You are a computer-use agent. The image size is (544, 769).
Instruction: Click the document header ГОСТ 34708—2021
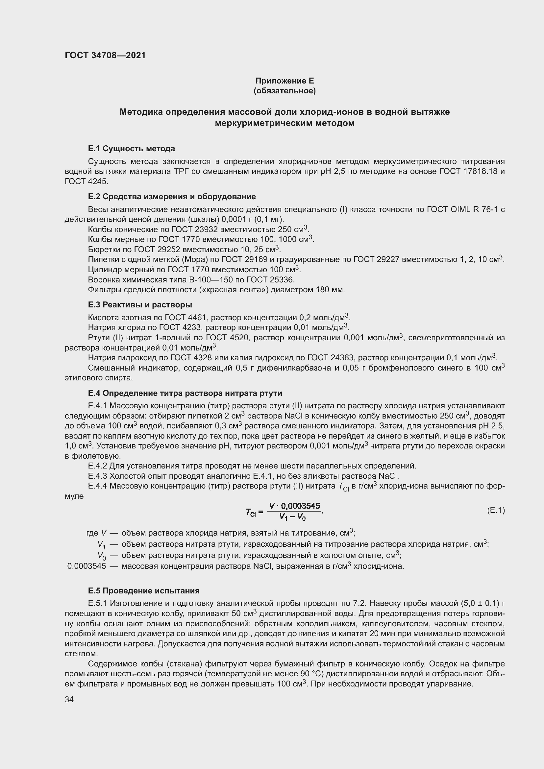pyautogui.click(x=105, y=55)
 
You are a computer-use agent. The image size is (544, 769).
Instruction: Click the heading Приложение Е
pyautogui.click(x=284, y=81)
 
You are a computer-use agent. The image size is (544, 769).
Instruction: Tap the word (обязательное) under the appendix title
pyautogui.click(x=284, y=91)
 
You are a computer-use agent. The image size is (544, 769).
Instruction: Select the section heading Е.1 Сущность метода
pyautogui.click(x=131, y=148)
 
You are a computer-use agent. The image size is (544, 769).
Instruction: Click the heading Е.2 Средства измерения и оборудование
pyautogui.click(x=171, y=197)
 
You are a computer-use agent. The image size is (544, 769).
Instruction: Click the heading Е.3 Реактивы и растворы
pyautogui.click(x=140, y=305)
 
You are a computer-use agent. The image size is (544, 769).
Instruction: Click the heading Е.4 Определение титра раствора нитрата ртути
pyautogui.click(x=185, y=393)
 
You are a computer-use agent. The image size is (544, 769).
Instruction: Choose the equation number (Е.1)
pyautogui.click(x=495, y=511)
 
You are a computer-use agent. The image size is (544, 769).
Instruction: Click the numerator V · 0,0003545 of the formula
pyautogui.click(x=294, y=506)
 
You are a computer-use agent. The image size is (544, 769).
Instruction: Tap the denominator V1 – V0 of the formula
pyautogui.click(x=292, y=517)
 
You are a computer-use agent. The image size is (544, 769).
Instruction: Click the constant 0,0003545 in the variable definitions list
pyautogui.click(x=87, y=566)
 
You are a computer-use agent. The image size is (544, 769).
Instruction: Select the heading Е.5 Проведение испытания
pyautogui.click(x=144, y=591)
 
